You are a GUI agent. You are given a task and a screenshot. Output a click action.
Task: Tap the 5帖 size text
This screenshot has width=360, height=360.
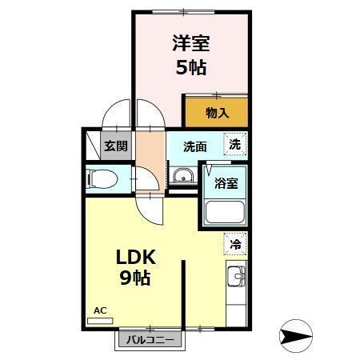click(x=191, y=67)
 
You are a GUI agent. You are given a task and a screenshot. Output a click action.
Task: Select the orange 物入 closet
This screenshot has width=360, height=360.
click(x=216, y=112)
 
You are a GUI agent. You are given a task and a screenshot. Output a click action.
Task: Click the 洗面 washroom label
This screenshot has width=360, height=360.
click(x=194, y=146)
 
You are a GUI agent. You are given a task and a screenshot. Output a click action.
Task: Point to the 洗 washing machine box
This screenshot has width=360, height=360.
click(x=234, y=145)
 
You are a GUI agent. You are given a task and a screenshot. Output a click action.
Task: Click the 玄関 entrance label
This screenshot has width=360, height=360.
click(x=115, y=146)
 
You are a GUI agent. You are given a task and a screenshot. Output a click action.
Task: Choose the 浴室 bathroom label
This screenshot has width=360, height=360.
click(x=225, y=182)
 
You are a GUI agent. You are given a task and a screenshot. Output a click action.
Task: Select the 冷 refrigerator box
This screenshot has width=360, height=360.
click(x=235, y=244)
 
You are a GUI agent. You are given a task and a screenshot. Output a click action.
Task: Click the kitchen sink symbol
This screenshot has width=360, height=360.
click(x=236, y=278)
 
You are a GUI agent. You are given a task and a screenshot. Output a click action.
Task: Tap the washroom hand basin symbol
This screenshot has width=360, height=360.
click(x=182, y=177)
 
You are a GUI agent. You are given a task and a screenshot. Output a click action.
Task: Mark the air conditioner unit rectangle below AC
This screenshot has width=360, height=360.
click(x=100, y=319)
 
